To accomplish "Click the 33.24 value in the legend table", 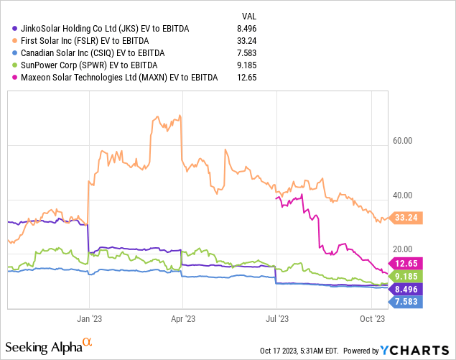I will click(248, 41).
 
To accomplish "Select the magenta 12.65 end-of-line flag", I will click(406, 263).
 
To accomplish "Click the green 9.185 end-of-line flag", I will click(406, 276).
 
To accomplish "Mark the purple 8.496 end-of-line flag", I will click(406, 289).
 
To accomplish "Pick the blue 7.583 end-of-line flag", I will click(406, 302).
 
